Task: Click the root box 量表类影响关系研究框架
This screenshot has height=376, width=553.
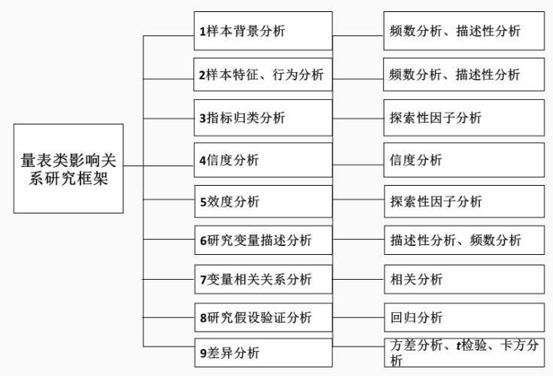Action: [x=68, y=168]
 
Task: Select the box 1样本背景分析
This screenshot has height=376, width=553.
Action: [x=263, y=32]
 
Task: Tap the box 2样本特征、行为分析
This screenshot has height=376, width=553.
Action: [x=263, y=74]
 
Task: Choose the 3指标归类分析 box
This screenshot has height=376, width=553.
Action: [x=263, y=117]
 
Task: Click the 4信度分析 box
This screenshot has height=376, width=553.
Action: [x=263, y=159]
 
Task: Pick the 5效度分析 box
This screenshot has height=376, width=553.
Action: [x=263, y=202]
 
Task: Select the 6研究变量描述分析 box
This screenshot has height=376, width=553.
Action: [x=263, y=241]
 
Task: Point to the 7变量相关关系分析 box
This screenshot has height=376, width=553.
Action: [x=263, y=280]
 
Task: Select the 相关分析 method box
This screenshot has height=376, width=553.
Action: [x=463, y=280]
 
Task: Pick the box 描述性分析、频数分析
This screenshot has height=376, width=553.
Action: [x=463, y=241]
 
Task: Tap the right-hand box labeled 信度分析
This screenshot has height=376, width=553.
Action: [x=463, y=159]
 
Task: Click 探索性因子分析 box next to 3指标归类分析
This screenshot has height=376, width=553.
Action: [x=463, y=117]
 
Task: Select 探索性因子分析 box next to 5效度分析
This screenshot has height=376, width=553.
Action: [x=463, y=202]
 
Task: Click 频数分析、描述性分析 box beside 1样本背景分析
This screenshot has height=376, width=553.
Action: [x=463, y=32]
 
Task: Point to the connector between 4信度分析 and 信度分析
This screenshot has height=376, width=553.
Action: [x=358, y=160]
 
